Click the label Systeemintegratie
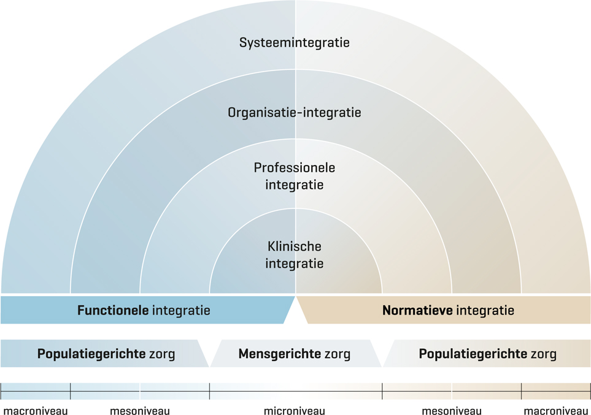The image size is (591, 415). click(x=295, y=43)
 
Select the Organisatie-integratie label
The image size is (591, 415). click(x=295, y=113)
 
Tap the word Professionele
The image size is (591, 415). click(x=295, y=167)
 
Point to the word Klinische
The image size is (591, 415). click(x=295, y=246)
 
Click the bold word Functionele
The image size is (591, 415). click(x=113, y=310)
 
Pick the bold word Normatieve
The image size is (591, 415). click(x=417, y=310)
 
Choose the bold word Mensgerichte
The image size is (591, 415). click(x=279, y=354)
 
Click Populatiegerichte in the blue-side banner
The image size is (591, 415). click(x=91, y=354)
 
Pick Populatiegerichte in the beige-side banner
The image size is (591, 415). click(x=473, y=354)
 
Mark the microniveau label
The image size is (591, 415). click(x=295, y=411)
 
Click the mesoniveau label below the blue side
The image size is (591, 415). click(x=140, y=411)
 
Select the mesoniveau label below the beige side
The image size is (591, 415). click(x=452, y=411)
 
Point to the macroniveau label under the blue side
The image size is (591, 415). click(x=35, y=411)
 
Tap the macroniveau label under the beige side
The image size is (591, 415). click(x=556, y=411)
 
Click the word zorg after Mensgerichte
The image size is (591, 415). click(x=338, y=354)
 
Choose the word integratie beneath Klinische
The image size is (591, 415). click(x=295, y=264)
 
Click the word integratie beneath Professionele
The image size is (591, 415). click(x=295, y=184)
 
